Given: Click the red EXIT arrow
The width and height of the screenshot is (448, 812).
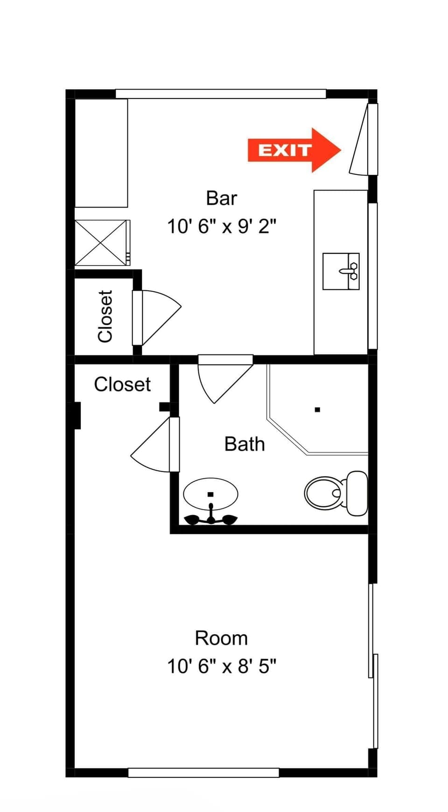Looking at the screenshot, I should tap(294, 150).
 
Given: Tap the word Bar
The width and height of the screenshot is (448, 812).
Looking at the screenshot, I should tap(221, 198).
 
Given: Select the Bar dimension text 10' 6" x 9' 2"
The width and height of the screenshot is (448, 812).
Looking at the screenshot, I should tap(221, 227).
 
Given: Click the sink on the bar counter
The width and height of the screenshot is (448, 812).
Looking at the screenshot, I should tap(341, 271).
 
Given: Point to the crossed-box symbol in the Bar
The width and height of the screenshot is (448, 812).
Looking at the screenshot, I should tap(101, 243).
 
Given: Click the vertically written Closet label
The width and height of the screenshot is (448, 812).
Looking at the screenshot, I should tap(105, 316).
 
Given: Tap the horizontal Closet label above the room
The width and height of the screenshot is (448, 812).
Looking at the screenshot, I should tap(122, 385).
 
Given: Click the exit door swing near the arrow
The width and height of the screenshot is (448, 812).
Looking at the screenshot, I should tap(361, 140).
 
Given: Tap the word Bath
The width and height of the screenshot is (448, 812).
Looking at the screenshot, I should tap(245, 444).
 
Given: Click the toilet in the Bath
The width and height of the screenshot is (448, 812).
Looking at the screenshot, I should tap(336, 493).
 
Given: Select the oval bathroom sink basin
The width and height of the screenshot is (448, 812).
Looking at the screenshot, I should tap(210, 493).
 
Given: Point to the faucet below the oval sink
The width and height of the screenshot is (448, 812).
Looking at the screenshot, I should tap(211, 517).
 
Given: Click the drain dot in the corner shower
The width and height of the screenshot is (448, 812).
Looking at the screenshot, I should tap(317, 410).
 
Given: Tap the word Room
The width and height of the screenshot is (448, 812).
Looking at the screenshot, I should tap(221, 638).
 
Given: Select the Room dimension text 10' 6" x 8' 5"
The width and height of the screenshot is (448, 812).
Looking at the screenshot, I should tap(221, 666).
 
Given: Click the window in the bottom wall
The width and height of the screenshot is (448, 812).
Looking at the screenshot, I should tap(203, 772).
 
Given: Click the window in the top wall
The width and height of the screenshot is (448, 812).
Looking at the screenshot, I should tap(220, 94).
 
